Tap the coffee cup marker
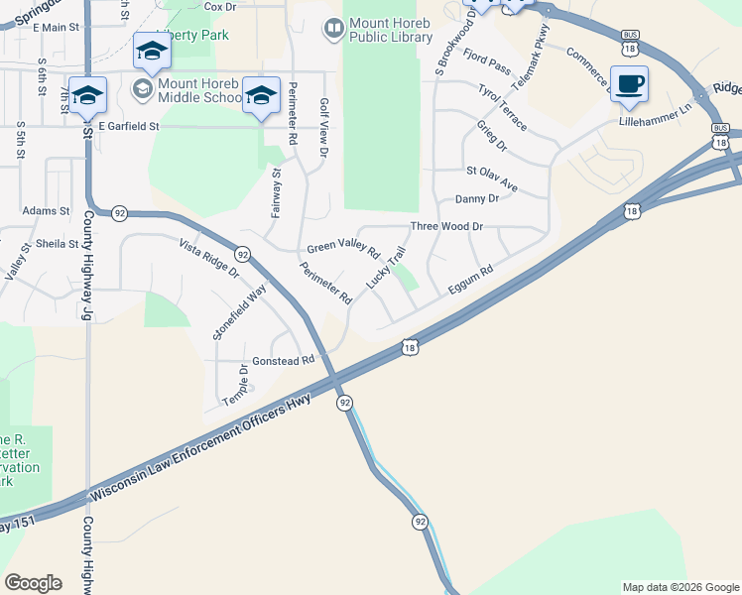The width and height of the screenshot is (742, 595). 629,84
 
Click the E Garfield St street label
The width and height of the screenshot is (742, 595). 129,126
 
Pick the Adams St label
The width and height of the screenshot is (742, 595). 46,211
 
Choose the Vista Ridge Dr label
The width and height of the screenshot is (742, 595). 209,259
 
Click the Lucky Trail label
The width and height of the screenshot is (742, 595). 386,268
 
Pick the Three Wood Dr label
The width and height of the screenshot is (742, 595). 446,226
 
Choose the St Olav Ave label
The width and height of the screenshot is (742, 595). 492,176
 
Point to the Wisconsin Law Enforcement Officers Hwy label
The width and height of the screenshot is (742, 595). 200,449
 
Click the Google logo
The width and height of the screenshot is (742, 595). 33,583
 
